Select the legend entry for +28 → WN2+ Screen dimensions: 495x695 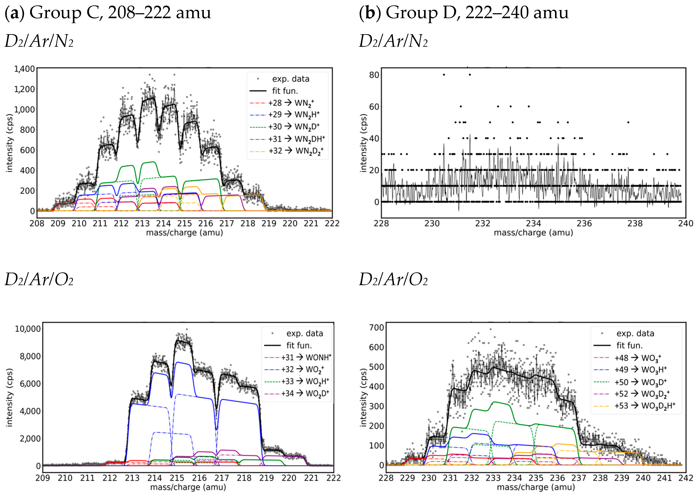pyautogui.click(x=291, y=103)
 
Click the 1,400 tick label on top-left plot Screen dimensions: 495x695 pyautogui.click(x=24, y=69)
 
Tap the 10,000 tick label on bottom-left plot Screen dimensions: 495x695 pyautogui.click(x=27, y=329)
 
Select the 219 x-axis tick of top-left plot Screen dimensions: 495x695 pyautogui.click(x=269, y=223)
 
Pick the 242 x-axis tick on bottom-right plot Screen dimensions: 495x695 pyautogui.click(x=685, y=478)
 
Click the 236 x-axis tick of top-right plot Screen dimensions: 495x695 pyautogui.click(x=584, y=223)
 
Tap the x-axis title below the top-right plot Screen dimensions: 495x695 pyautogui.click(x=533, y=233)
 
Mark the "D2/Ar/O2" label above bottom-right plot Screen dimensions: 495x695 pyautogui.click(x=393, y=279)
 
